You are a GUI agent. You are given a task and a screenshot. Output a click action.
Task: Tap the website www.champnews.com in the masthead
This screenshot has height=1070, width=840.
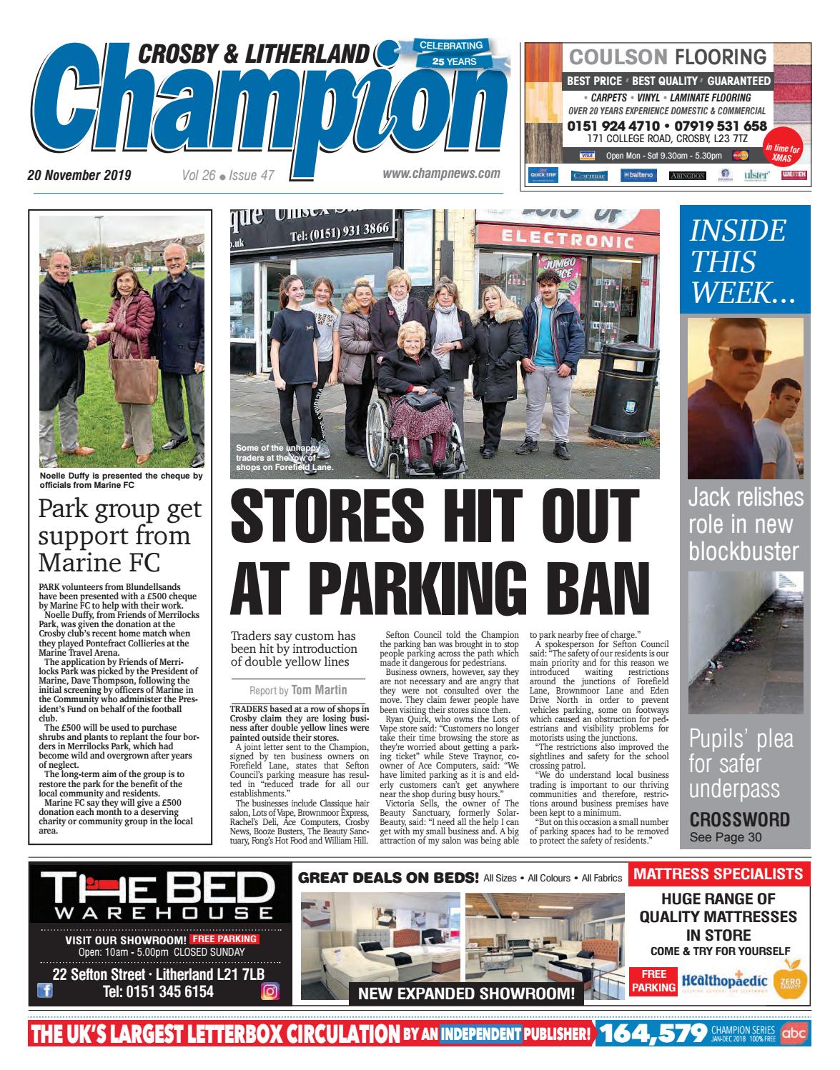(x=441, y=174)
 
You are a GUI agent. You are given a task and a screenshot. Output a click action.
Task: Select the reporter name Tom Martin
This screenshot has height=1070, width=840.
(x=319, y=690)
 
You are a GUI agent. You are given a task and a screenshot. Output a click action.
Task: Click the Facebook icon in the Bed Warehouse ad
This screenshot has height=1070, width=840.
(x=44, y=991)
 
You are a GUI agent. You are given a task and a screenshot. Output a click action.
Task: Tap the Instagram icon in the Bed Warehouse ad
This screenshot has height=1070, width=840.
(x=270, y=991)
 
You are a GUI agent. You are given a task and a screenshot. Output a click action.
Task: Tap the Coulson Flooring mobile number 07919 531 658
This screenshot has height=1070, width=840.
(x=716, y=126)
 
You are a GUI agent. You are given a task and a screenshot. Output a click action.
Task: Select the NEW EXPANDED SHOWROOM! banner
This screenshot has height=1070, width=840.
(x=465, y=993)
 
